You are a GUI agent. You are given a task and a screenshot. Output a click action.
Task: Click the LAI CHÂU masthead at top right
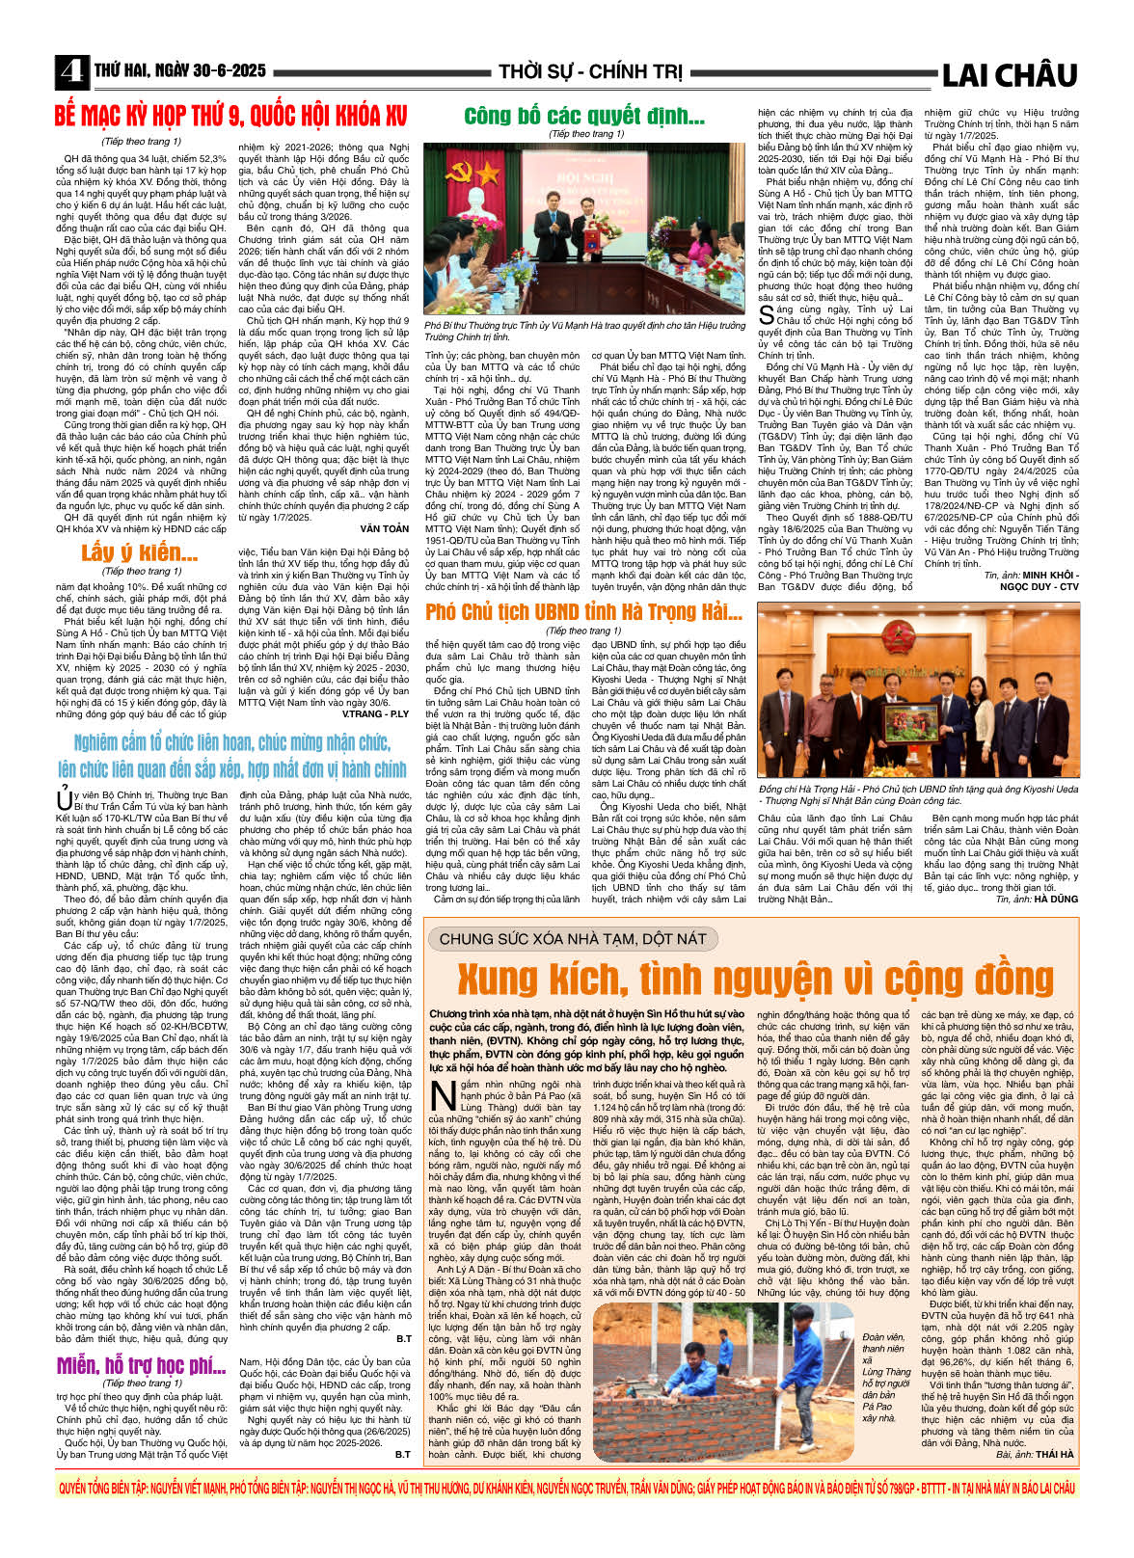[1009, 74]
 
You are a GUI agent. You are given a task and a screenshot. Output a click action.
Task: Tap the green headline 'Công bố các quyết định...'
[583, 117]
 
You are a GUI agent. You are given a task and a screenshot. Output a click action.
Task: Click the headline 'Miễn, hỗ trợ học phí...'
[141, 1365]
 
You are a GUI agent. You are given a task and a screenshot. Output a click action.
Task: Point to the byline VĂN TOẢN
[385, 528]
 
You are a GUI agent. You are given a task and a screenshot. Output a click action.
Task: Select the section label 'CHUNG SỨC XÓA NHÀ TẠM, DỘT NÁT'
[573, 939]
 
